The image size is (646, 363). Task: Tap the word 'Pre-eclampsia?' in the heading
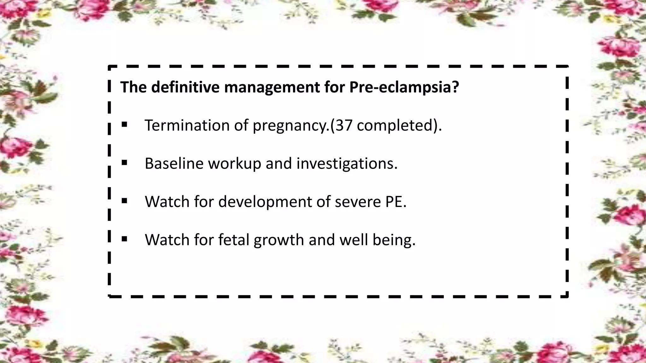pyautogui.click(x=404, y=87)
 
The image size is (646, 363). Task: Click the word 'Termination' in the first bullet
pyautogui.click(x=187, y=125)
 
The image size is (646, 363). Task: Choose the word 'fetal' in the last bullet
pyautogui.click(x=234, y=240)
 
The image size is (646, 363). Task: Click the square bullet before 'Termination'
pyautogui.click(x=124, y=125)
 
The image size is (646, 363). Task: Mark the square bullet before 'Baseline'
pyautogui.click(x=124, y=163)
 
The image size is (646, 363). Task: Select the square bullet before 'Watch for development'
pyautogui.click(x=124, y=201)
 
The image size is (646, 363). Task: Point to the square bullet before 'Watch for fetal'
pyautogui.click(x=124, y=239)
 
